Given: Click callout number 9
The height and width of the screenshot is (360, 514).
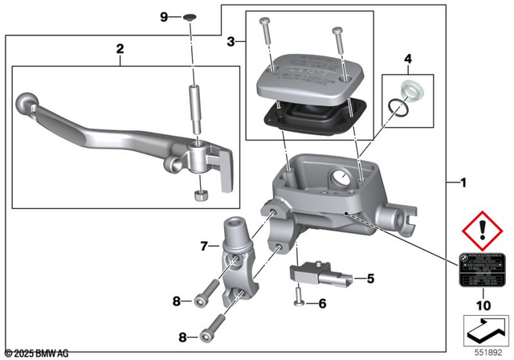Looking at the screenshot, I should (165, 16).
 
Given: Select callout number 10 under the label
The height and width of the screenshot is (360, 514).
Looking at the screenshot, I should (483, 305).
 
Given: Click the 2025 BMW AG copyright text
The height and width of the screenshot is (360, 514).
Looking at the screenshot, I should (37, 352).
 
